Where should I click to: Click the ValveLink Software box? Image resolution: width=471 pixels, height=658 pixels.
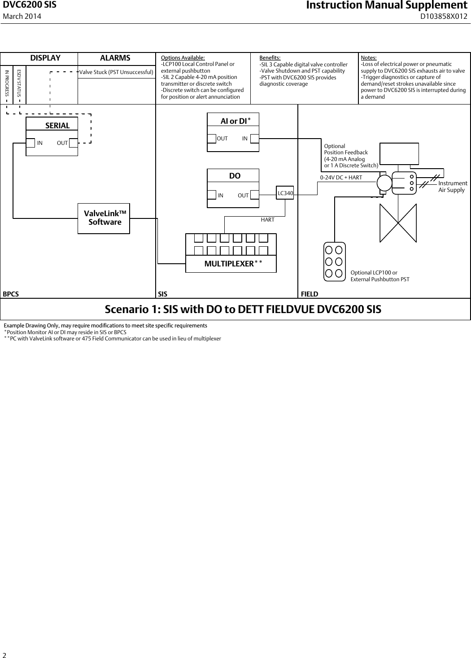(104, 218)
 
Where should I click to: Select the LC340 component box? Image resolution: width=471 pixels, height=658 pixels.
(285, 193)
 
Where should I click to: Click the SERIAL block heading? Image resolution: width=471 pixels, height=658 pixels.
(57, 126)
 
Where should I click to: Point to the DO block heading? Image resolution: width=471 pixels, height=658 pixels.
(235, 176)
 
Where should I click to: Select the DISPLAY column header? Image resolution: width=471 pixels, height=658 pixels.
(45, 58)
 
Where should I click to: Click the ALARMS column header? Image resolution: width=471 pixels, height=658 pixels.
(115, 58)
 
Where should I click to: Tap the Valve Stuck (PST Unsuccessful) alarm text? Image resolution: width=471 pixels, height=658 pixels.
(116, 72)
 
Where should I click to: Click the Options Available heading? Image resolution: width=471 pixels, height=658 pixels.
(183, 58)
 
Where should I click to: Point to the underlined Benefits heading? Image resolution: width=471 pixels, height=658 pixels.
(270, 58)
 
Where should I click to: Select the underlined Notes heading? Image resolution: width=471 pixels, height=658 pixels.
(369, 58)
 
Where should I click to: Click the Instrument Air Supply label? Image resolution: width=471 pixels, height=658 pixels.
(452, 187)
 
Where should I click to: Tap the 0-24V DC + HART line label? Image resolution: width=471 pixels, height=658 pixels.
(341, 178)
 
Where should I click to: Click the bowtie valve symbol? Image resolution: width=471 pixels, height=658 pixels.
(398, 223)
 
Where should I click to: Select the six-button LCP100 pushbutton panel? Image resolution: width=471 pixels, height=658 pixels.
(334, 261)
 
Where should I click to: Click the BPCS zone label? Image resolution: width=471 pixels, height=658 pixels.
(11, 294)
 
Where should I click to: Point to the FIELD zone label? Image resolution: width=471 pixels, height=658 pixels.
(309, 294)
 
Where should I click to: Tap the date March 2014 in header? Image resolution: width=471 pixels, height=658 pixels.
(22, 17)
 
